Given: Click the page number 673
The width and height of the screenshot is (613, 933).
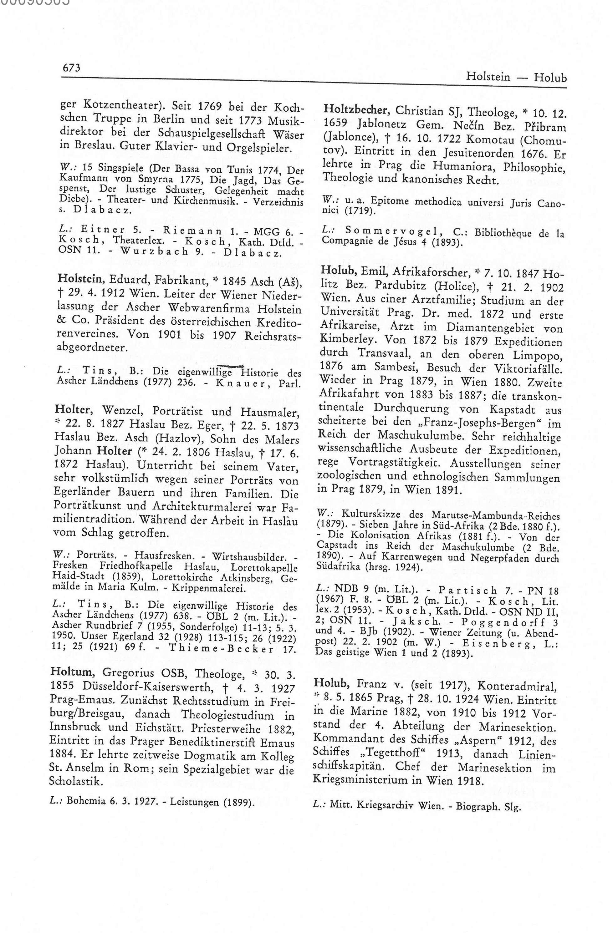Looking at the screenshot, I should click(71, 68).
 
